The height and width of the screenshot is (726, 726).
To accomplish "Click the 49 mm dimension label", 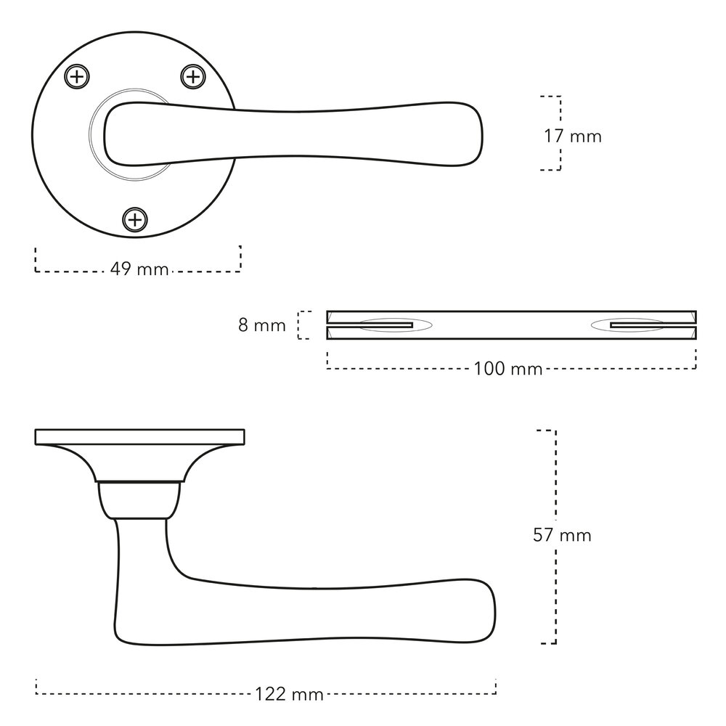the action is pyautogui.click(x=139, y=269).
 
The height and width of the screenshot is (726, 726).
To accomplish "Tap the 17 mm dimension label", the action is pyautogui.click(x=572, y=136).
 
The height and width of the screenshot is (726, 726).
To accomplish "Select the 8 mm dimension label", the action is pyautogui.click(x=262, y=325).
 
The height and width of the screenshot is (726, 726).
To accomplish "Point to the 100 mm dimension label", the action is pyautogui.click(x=508, y=369).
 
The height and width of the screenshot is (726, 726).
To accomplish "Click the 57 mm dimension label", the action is pyautogui.click(x=562, y=535).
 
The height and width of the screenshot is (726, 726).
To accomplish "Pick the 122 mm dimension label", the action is pyautogui.click(x=290, y=695).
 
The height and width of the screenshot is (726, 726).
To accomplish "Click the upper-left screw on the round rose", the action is pyautogui.click(x=77, y=77).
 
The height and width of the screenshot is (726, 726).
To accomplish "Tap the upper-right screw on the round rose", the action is pyautogui.click(x=192, y=77).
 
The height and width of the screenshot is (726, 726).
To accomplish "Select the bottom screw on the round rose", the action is pyautogui.click(x=135, y=219).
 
